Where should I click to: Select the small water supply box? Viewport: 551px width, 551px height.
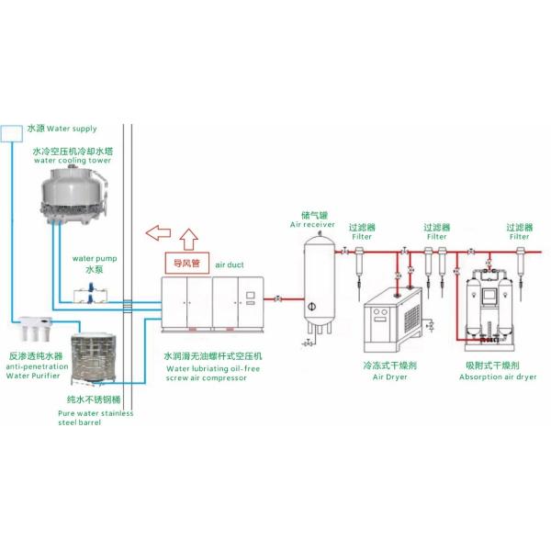coord(11,131)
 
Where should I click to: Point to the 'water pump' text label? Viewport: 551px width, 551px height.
coord(91,259)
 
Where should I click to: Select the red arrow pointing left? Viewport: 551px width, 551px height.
coord(161,231)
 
